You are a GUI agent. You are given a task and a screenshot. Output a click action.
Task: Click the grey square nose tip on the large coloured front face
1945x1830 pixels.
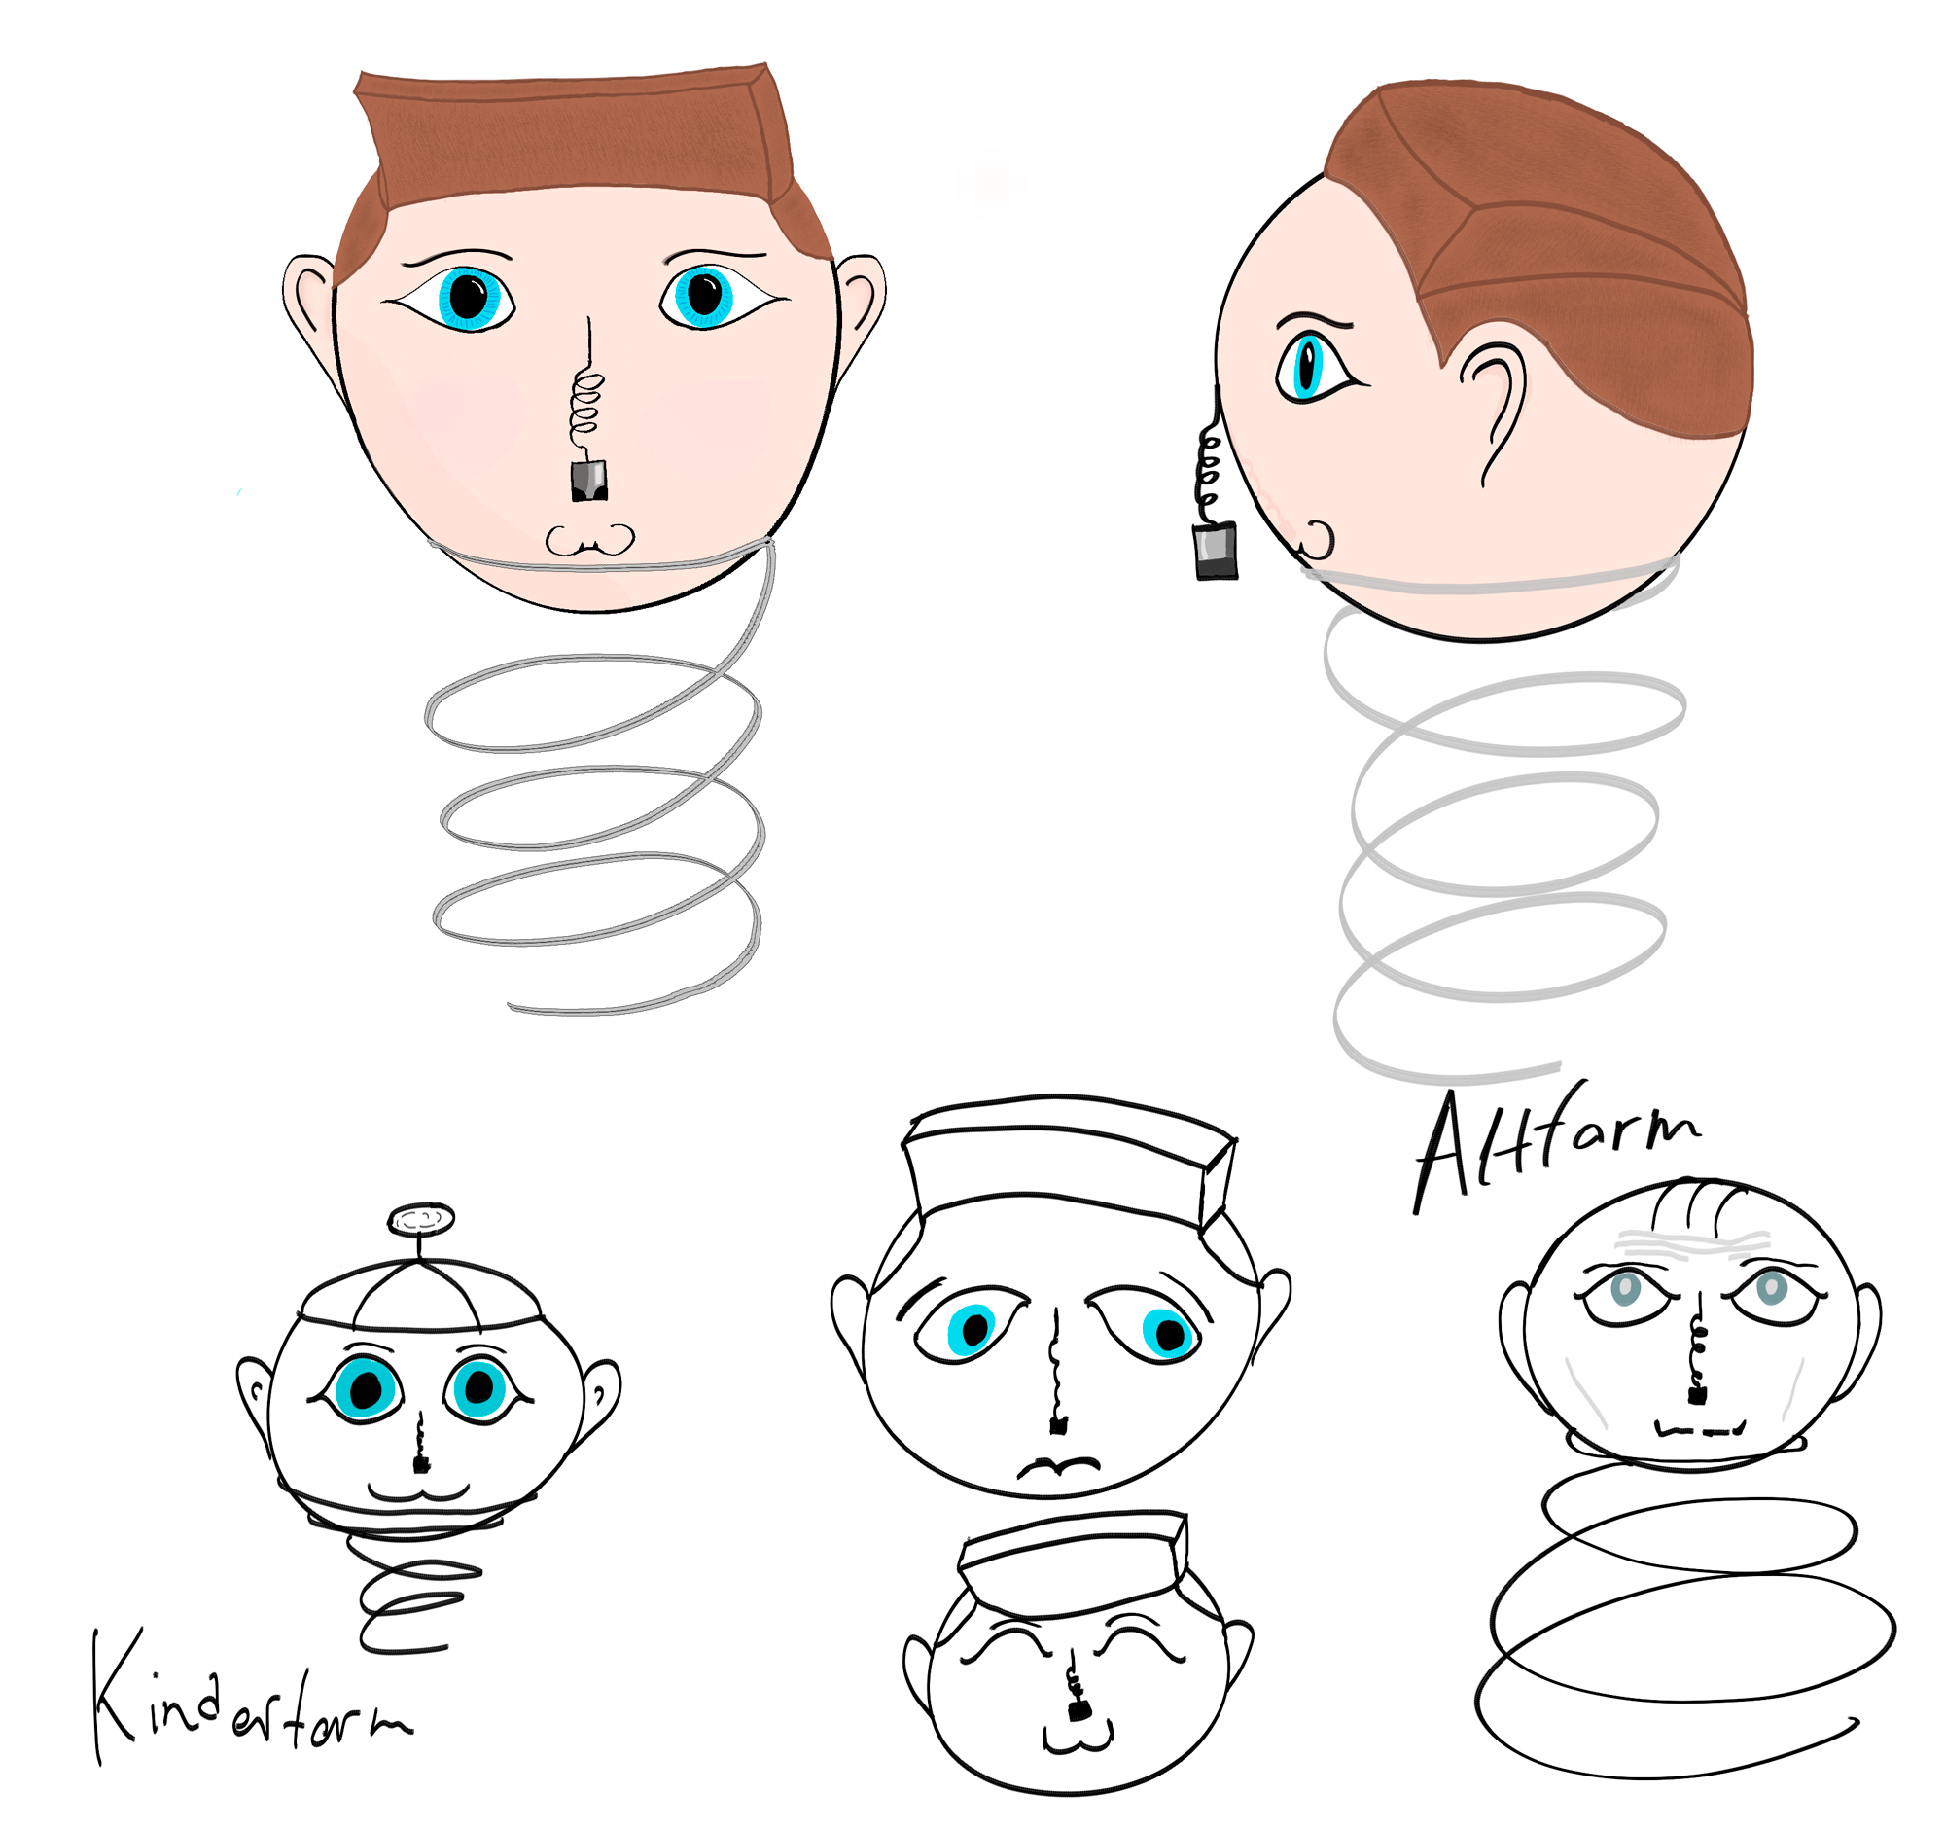click(x=588, y=480)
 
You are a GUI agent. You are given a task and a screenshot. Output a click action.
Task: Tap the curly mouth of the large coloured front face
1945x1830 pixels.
click(x=589, y=540)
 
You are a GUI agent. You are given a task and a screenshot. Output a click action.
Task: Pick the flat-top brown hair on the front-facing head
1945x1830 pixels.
click(x=578, y=147)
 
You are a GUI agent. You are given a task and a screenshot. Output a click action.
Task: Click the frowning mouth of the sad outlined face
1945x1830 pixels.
click(x=1059, y=1465)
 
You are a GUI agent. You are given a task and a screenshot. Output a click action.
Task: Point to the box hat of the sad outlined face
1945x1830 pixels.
click(x=1070, y=1161)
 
